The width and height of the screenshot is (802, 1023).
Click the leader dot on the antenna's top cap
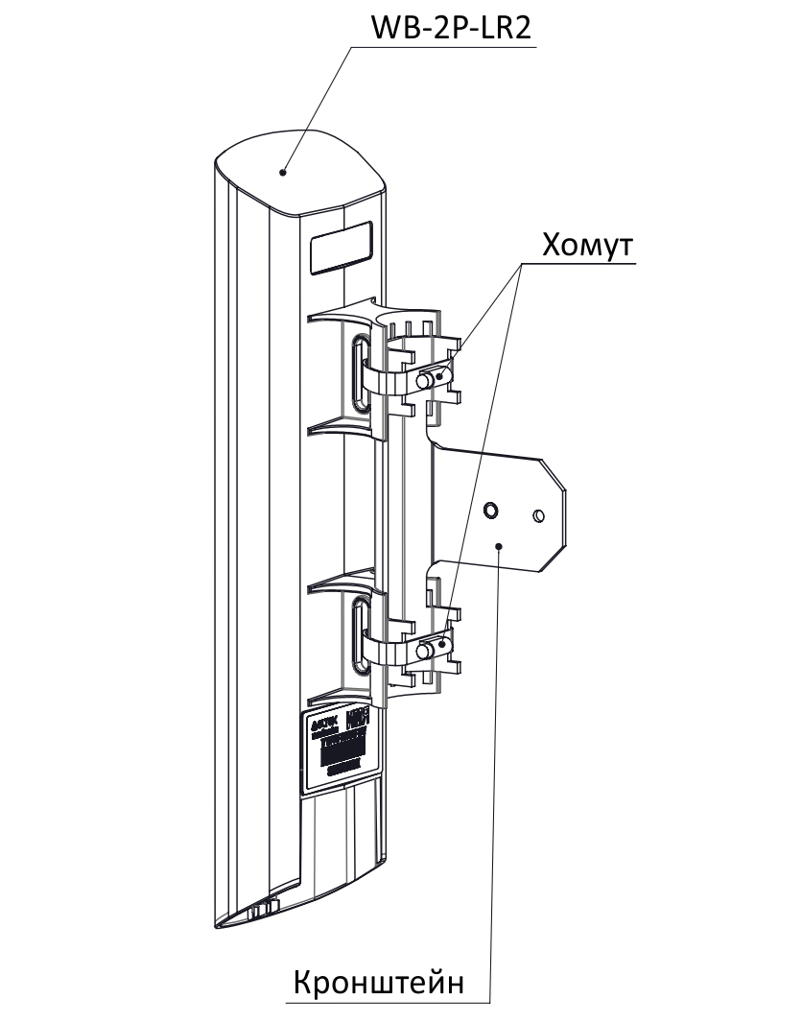click(283, 173)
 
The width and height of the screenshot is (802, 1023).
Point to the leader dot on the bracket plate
click(501, 545)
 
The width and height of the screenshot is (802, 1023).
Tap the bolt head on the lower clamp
click(423, 652)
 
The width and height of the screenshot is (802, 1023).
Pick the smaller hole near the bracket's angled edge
click(539, 516)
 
